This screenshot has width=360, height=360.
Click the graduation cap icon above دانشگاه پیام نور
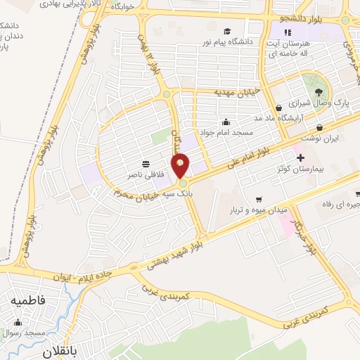point(227,31)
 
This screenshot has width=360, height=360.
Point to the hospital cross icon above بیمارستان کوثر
point(301,157)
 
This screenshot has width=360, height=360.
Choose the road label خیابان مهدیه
point(219,92)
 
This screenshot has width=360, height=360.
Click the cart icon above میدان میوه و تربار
point(259,198)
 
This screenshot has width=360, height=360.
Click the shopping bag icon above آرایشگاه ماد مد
point(279,108)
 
